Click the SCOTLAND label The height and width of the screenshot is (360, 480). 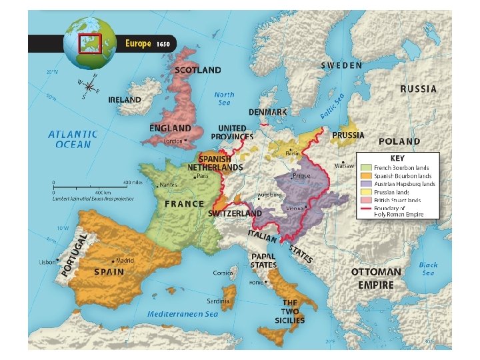point(197,69)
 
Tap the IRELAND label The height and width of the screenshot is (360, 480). point(125,100)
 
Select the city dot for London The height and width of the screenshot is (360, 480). point(186,141)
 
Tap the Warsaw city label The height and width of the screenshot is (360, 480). point(343,165)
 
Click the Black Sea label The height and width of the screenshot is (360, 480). point(428,269)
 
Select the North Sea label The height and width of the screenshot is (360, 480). point(225,99)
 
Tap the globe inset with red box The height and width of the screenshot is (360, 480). point(89,43)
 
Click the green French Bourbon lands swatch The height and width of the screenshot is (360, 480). point(365,168)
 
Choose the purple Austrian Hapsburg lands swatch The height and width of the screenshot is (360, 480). point(365,184)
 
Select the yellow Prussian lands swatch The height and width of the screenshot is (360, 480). point(365,192)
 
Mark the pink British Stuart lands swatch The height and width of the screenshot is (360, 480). point(365,200)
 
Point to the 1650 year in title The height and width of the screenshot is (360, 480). point(163,44)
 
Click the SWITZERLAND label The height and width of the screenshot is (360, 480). point(235,213)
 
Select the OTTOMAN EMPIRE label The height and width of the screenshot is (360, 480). point(377,279)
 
